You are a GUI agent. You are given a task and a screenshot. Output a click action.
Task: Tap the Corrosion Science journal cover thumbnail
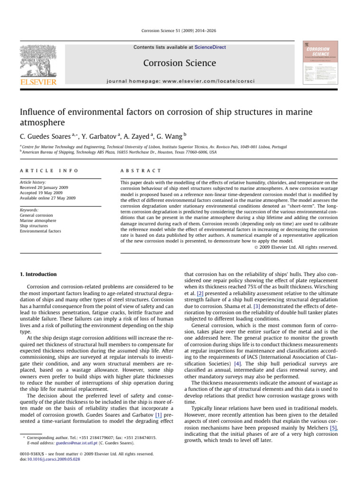pyautogui.click(x=318, y=63)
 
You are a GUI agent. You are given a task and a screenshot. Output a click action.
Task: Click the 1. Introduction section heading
pyautogui.click(x=38, y=274)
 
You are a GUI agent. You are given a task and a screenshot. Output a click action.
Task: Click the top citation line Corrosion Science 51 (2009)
pyautogui.click(x=182, y=30)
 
